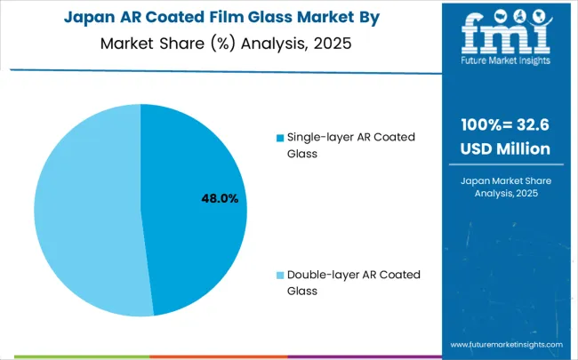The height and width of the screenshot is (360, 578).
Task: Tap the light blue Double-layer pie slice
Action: [84, 213]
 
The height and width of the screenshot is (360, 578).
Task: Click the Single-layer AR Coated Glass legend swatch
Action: [280, 138]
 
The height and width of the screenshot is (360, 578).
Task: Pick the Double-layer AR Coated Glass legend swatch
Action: [280, 275]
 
